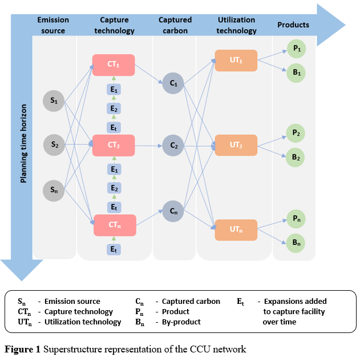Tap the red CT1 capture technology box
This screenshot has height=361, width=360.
coord(113,64)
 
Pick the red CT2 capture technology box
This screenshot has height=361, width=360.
coord(113,145)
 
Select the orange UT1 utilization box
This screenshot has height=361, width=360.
coord(236,61)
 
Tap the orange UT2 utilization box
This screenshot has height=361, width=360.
coord(236,145)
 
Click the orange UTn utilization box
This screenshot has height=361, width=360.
coord(236,230)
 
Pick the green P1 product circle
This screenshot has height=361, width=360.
coord(297,50)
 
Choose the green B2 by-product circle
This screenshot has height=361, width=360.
coord(297,157)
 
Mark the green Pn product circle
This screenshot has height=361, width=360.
coord(297,219)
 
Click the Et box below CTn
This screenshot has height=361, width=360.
coord(114,249)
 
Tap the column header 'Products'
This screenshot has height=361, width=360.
coord(293,25)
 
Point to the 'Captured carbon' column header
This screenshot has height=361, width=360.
coord(175,25)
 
